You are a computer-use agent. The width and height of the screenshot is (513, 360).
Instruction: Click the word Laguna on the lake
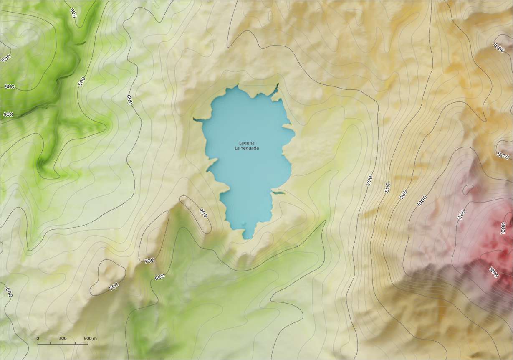pyautogui.click(x=247, y=143)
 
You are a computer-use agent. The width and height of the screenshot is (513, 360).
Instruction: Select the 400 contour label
pyautogui.click(x=8, y=114)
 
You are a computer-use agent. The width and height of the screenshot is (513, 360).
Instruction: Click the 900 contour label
pyautogui.click(x=404, y=194)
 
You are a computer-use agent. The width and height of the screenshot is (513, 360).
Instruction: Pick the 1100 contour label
pyautogui.click(x=461, y=215)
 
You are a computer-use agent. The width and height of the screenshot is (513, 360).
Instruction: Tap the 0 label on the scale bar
pyautogui.click(x=38, y=338)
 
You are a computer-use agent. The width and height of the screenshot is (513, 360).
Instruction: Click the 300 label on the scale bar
pyautogui.click(x=63, y=338)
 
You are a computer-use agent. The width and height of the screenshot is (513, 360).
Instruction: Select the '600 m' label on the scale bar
pyautogui.click(x=91, y=338)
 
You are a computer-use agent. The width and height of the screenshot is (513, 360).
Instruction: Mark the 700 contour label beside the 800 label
pyautogui.click(x=370, y=180)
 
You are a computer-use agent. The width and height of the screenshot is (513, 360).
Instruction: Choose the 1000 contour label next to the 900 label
pyautogui.click(x=422, y=201)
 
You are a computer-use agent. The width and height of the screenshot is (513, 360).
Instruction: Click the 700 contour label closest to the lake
pyautogui.click(x=203, y=213)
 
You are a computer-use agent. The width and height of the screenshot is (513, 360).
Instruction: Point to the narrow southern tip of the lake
pyautogui.click(x=248, y=236)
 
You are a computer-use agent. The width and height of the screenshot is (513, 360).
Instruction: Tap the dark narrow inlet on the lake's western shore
pyautogui.click(x=197, y=120)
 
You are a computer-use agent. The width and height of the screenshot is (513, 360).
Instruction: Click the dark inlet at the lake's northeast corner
pyautogui.click(x=276, y=86)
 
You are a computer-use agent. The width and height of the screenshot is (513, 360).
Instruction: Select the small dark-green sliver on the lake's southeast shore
pyautogui.click(x=278, y=193)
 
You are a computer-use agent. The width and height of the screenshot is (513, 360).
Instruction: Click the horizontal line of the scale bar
pyautogui.click(x=63, y=344)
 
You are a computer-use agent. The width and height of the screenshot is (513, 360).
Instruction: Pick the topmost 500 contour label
pyautogui.click(x=73, y=13)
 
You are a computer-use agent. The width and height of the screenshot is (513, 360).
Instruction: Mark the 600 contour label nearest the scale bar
pyautogui.click(x=9, y=292)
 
